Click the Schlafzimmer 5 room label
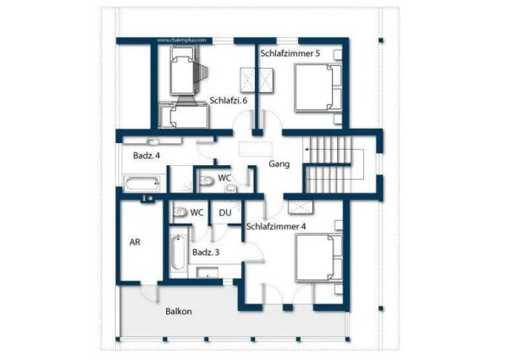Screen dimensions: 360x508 coord(290,53)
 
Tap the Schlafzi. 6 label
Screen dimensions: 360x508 coord(229,100)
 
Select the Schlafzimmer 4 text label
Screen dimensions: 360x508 coord(276,226)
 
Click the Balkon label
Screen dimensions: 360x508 coord(179,311)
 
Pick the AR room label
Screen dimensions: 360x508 coord(135,241)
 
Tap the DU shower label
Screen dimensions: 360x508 coord(225,213)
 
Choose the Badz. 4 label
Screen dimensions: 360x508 coord(146,155)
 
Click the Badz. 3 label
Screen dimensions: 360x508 coord(206,252)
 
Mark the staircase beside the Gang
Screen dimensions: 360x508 coord(327,164)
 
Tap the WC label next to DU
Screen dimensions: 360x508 coord(196,213)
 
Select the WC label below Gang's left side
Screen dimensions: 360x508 coord(224,178)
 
